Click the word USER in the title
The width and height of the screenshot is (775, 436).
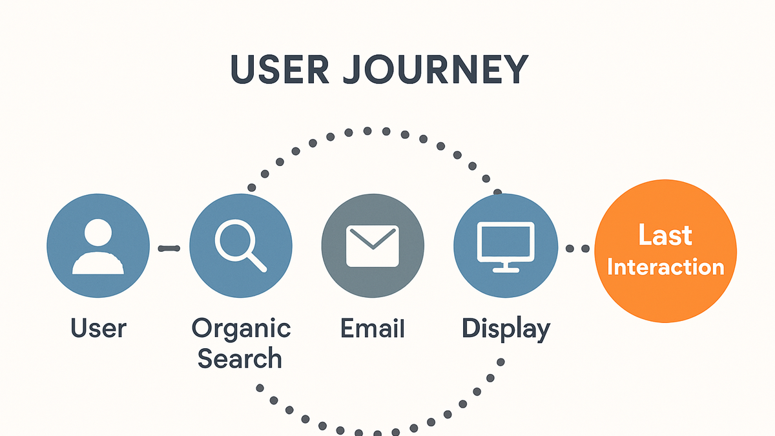coord(280,69)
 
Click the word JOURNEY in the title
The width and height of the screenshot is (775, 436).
coord(436,69)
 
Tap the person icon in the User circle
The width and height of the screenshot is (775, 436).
coord(98,246)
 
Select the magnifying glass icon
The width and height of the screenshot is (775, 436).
coord(240,245)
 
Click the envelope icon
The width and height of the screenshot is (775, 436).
coord(373,246)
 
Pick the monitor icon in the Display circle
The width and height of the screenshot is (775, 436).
coord(506,247)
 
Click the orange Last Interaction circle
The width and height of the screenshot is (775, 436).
coord(665,251)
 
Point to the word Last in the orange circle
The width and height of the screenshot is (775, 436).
coord(665,235)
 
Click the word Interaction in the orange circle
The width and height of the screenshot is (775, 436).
coord(665,267)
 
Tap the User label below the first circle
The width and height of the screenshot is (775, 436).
coord(98,328)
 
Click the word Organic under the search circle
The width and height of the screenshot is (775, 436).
coord(241,329)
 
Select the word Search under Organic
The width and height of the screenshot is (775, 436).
coord(240,358)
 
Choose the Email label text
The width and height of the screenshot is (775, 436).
coord(372,328)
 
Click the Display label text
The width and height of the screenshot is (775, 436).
coord(506,329)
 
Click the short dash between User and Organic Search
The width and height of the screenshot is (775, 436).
coord(169,248)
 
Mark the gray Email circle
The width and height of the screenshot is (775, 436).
coord(373,245)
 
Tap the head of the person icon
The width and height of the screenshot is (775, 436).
coord(98,232)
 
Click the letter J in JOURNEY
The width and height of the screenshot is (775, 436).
coord(353,70)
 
